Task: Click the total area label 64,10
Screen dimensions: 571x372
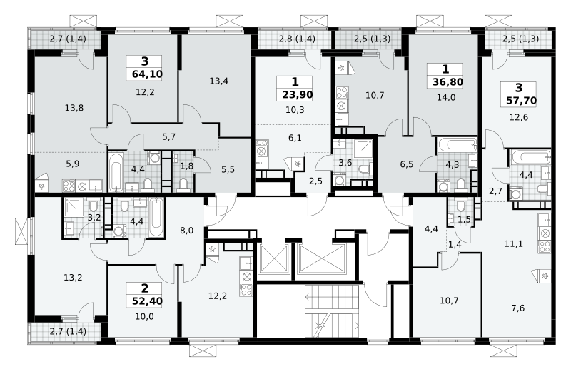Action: [147, 74]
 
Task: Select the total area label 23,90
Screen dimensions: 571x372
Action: [297, 95]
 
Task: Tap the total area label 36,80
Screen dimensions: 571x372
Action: [448, 81]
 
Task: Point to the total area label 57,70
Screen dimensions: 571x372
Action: [521, 100]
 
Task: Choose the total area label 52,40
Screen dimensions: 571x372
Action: [147, 301]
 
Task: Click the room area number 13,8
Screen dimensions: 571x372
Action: [74, 108]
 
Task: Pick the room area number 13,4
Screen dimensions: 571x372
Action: [219, 81]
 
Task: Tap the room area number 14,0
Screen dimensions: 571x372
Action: [445, 97]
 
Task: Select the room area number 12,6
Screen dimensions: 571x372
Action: [519, 117]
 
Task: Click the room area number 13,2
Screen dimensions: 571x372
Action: [73, 278]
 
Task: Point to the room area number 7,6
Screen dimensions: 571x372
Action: [518, 308]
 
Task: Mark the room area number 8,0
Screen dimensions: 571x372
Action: [186, 231]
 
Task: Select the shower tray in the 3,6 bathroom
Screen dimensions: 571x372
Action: [363, 149]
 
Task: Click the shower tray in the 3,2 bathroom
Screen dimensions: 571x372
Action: [74, 208]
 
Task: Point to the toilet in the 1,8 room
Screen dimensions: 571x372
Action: [183, 184]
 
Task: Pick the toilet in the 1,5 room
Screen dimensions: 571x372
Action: [460, 206]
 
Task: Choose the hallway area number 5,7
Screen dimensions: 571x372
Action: [169, 136]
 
